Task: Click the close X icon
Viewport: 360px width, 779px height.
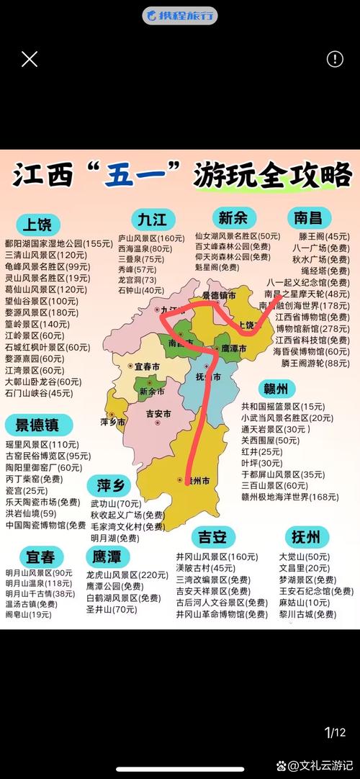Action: (30, 59)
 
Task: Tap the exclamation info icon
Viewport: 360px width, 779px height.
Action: (335, 59)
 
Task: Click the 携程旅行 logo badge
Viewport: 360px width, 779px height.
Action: (180, 15)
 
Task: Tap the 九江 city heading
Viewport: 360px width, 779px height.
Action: (152, 218)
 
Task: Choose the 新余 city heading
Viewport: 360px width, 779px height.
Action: (234, 217)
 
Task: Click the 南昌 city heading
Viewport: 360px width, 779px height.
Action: (307, 217)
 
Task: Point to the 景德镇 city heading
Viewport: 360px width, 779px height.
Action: (42, 424)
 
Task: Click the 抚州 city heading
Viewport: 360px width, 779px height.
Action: (306, 536)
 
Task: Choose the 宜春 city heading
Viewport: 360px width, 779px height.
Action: (42, 557)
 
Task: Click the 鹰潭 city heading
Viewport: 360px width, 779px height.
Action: (109, 557)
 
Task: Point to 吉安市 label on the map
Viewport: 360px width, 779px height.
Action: (158, 414)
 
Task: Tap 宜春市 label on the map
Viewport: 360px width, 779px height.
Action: (148, 366)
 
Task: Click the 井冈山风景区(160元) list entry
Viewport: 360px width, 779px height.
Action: (217, 557)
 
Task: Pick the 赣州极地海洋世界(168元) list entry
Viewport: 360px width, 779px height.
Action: (289, 497)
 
